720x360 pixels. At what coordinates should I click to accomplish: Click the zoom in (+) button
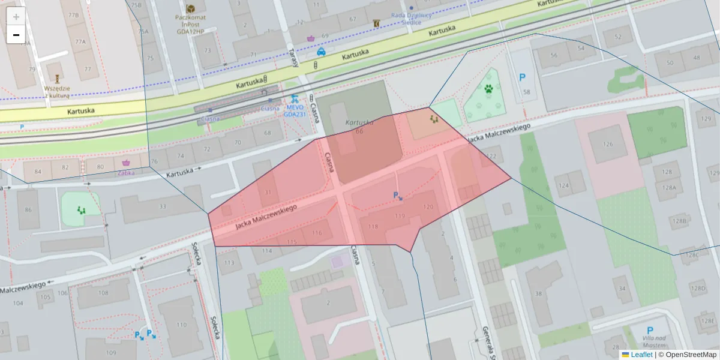click(16, 17)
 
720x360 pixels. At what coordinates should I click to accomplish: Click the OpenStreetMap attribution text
click(689, 355)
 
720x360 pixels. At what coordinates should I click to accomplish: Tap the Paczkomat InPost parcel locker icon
click(191, 8)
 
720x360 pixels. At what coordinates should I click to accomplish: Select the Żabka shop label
click(126, 172)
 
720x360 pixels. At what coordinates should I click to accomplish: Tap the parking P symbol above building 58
click(522, 77)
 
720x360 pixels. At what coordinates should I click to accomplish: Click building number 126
click(608, 144)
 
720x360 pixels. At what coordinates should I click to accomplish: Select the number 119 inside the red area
click(400, 215)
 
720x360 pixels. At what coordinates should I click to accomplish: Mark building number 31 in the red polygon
click(268, 193)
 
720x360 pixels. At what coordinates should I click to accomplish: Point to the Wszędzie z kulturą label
click(58, 91)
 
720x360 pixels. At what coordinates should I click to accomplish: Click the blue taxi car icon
click(321, 52)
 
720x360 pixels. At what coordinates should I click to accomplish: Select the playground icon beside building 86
click(80, 210)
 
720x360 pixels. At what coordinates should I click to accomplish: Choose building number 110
click(180, 324)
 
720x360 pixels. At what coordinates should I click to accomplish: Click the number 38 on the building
click(538, 293)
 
